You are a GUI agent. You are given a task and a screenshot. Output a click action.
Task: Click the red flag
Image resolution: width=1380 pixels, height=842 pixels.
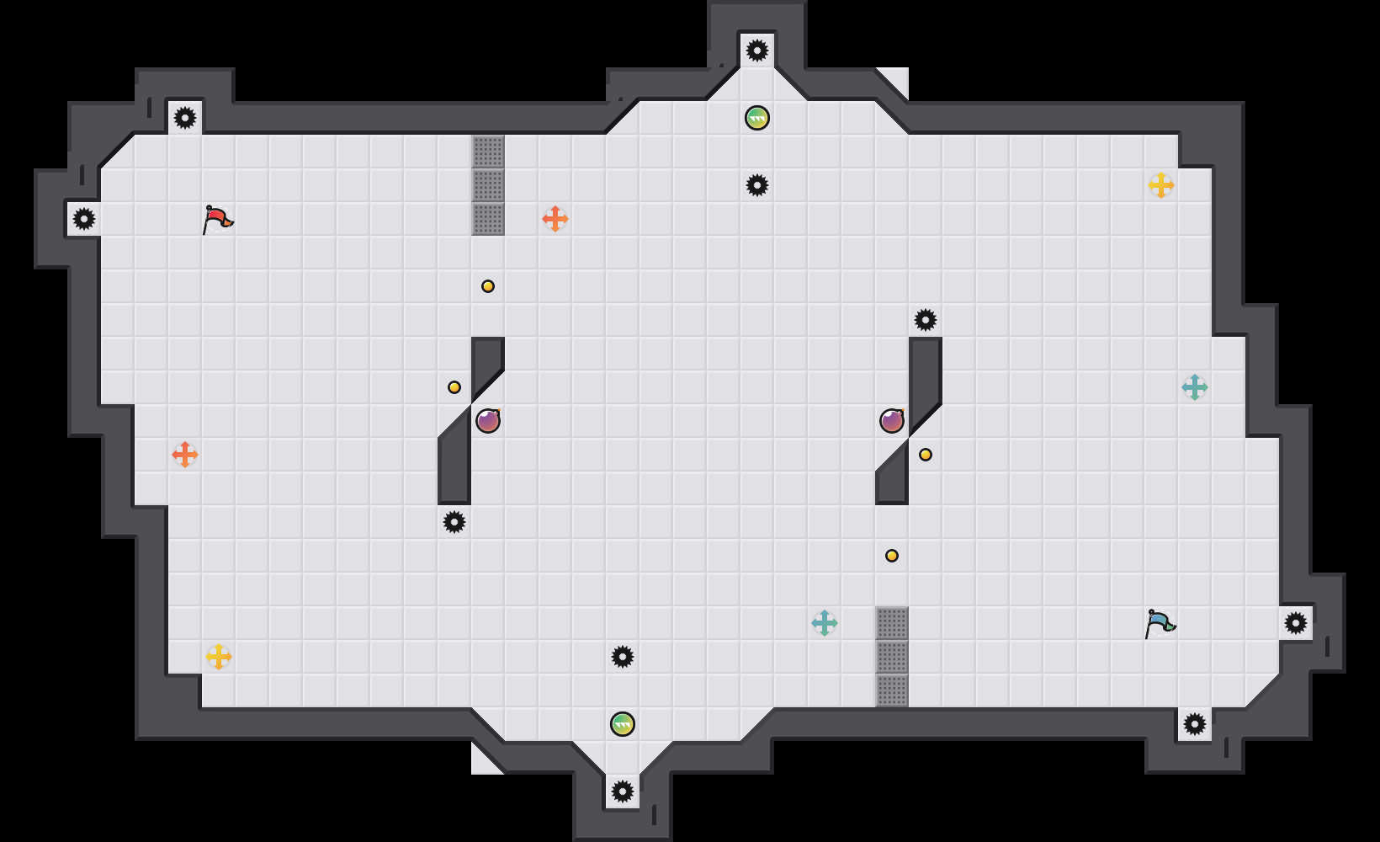coord(217,219)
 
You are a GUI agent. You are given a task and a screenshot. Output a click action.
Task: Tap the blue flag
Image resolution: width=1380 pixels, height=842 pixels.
coord(1160,623)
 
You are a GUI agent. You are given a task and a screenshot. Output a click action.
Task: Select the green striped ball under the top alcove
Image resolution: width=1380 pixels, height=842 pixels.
coord(757,118)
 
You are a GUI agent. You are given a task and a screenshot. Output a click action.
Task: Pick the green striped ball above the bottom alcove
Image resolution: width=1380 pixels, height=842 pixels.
coord(623,724)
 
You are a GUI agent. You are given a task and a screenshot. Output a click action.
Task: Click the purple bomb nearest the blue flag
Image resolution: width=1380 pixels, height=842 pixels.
coord(892,421)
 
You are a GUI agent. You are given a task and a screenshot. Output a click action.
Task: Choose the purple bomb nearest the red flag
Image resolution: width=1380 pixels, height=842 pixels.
coord(488,421)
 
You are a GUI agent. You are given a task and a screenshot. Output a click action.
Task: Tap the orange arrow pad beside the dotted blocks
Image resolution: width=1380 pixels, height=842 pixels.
coord(555,219)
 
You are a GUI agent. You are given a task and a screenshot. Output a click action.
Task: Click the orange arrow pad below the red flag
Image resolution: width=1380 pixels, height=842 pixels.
coord(185,455)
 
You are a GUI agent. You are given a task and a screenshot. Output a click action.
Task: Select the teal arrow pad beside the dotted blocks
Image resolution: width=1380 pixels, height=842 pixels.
coord(825,623)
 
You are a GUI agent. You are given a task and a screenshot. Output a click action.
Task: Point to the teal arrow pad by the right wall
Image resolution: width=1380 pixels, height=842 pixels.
coord(1195,387)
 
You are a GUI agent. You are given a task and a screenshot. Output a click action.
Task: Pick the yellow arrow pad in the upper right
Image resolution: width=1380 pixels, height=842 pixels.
coord(1161,185)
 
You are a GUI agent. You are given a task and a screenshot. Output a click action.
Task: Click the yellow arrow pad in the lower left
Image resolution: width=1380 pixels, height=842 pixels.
coord(219,657)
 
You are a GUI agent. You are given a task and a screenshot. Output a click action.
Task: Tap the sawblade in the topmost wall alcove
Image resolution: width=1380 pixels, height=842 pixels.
coord(757,51)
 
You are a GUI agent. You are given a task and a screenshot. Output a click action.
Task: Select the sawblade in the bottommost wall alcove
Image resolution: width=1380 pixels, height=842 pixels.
coord(623,791)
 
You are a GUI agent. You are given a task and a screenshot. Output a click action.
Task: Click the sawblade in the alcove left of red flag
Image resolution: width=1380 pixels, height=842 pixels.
coord(84,219)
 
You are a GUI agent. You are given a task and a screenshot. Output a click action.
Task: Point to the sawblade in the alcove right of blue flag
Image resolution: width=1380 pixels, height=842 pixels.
coord(1296,623)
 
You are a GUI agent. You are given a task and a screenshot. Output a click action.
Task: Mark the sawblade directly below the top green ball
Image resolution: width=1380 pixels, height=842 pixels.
coord(757,185)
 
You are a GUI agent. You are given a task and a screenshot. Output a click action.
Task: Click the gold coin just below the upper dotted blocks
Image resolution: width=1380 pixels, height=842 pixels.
coord(488,286)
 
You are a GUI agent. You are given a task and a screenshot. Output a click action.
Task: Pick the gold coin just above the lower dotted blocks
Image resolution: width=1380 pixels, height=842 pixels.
coord(892,556)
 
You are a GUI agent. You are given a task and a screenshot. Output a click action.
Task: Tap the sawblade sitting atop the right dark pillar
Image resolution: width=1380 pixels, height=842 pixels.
coord(926,320)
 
